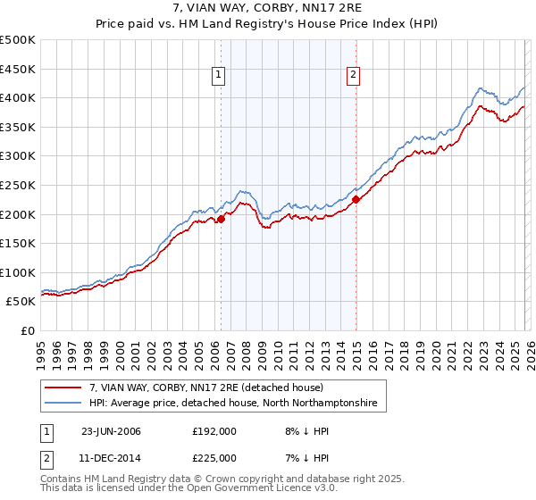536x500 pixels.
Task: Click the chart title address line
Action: point(268,9)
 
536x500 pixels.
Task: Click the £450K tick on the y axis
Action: point(18,69)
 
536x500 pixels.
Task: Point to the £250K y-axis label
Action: point(18,185)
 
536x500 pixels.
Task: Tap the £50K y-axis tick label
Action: point(21,302)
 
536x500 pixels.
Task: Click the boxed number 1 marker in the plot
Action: point(219,76)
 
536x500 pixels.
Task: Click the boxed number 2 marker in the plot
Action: point(354,76)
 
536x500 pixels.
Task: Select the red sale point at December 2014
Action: point(356,200)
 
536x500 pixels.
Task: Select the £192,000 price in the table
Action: point(214,430)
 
